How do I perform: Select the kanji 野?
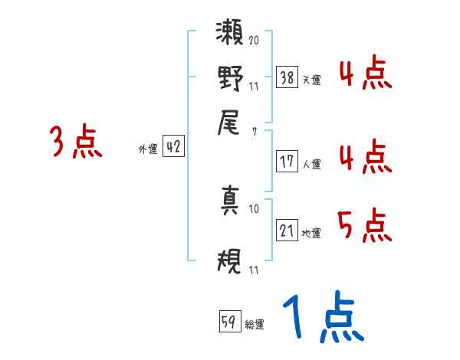tap(230, 79)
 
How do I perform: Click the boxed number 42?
tap(173, 147)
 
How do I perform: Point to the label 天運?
tap(310, 80)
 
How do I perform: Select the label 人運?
tap(310, 164)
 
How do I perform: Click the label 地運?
tap(310, 234)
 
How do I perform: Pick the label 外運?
tap(148, 150)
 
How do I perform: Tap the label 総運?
tap(255, 325)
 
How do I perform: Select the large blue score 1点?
tap(322, 318)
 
